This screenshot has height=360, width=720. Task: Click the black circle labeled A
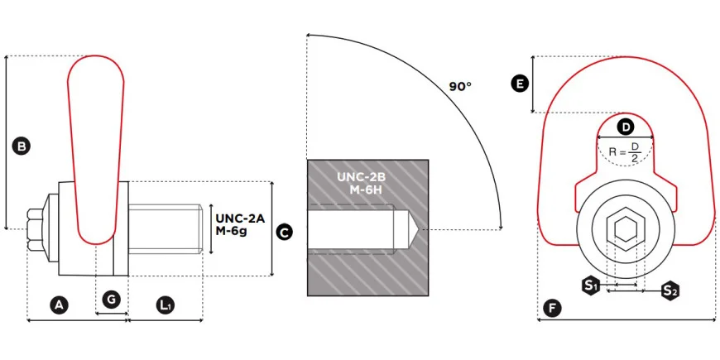click(58, 305)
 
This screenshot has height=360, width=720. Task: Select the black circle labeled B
click(22, 146)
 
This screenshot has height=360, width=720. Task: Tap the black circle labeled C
click(284, 233)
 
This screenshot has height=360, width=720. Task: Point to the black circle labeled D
click(626, 127)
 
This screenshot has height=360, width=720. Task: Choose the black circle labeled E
click(520, 84)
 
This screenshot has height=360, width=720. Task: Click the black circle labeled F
click(552, 309)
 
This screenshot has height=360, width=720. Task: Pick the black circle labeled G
click(111, 300)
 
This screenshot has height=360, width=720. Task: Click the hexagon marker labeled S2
click(670, 290)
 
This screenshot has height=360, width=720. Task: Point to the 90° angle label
click(460, 86)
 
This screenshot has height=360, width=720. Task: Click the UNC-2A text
click(240, 218)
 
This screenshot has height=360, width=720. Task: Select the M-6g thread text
click(232, 231)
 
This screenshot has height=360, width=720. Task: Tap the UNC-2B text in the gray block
click(361, 177)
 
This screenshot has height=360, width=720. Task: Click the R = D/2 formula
click(625, 151)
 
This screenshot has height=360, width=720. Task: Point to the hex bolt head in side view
click(36, 229)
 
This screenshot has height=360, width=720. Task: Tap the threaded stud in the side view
click(166, 229)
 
